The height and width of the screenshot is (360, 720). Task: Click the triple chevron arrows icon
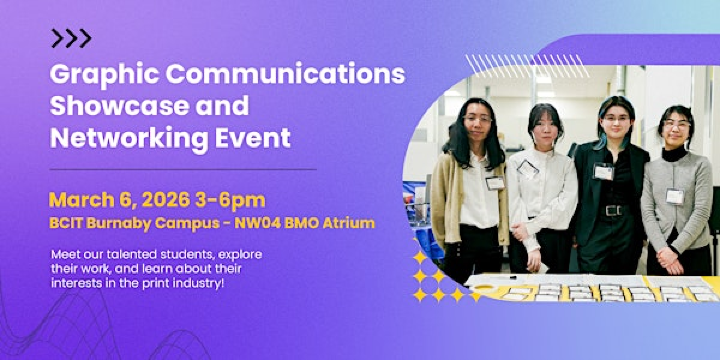[x=71, y=39]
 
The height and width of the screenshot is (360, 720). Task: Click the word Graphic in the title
[x=95, y=75]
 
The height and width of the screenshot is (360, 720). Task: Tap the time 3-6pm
[x=235, y=198]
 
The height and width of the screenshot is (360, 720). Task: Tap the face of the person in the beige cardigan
[x=477, y=121]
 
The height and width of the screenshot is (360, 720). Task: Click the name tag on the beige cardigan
[x=494, y=182]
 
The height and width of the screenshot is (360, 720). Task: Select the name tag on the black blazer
[x=603, y=172]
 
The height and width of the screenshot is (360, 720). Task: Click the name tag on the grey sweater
[x=675, y=196]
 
